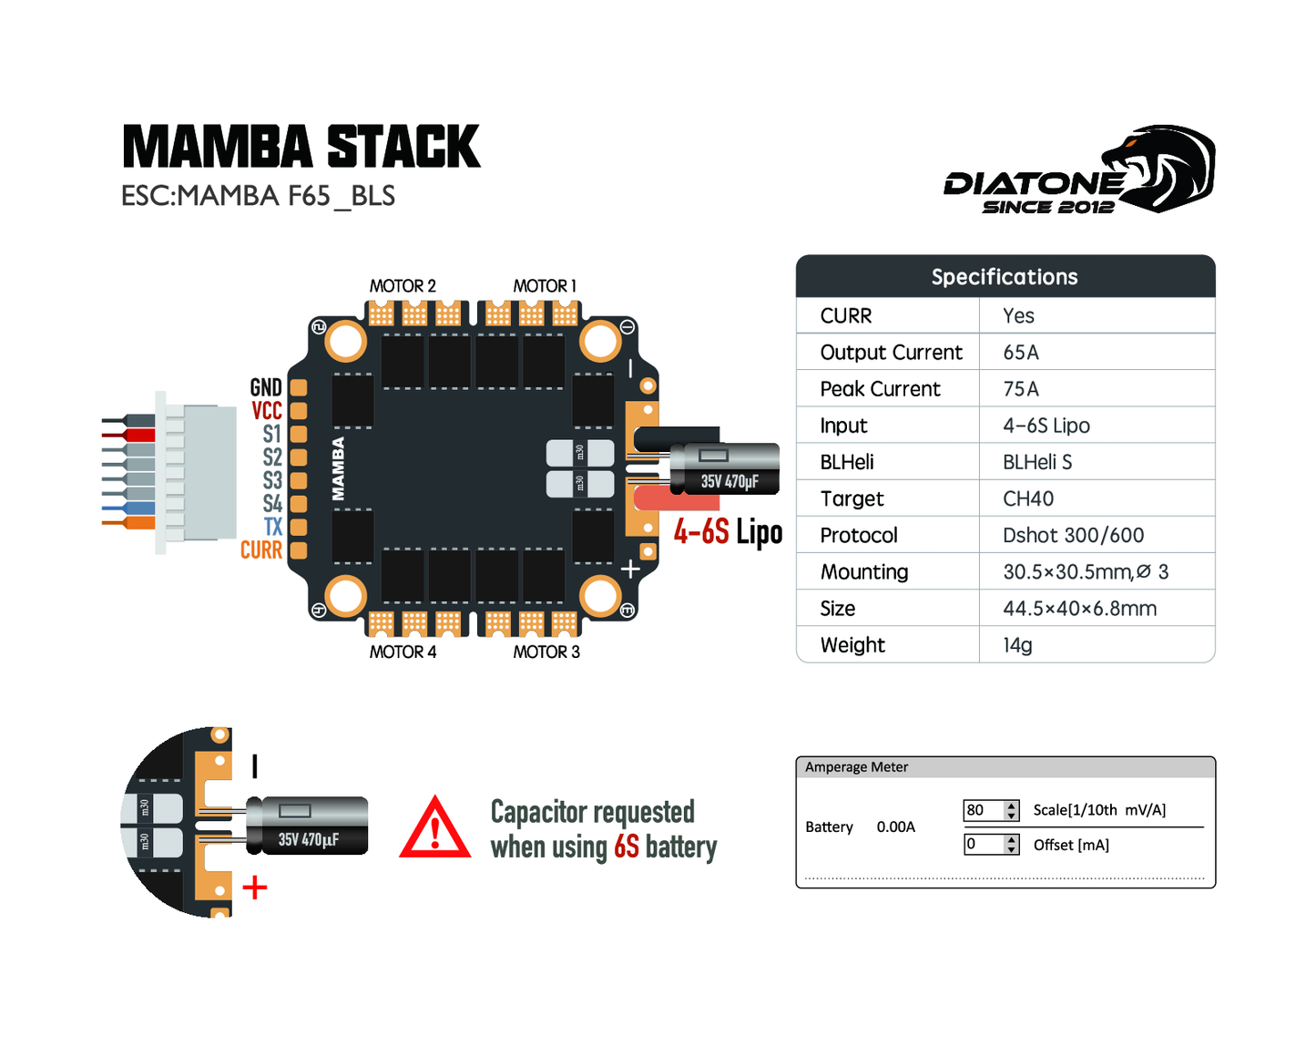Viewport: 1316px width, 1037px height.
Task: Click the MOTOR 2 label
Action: click(x=403, y=286)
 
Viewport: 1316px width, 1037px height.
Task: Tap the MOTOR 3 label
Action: click(x=546, y=652)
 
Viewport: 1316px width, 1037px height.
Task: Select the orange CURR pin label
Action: click(x=261, y=550)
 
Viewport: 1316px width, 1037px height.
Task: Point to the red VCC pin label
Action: click(x=267, y=411)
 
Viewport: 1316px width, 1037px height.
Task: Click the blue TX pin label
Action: click(x=273, y=527)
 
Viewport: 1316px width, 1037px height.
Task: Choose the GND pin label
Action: click(x=266, y=387)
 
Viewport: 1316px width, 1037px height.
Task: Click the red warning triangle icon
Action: click(x=435, y=829)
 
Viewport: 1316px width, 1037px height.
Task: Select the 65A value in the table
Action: click(x=1021, y=353)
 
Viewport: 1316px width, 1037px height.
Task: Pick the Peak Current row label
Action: click(x=880, y=389)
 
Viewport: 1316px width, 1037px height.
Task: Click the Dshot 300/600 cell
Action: click(x=1073, y=535)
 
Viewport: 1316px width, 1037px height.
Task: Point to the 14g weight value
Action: click(x=1017, y=645)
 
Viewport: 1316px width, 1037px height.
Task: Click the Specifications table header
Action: click(x=1005, y=277)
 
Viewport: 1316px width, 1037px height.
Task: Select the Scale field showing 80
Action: click(x=984, y=810)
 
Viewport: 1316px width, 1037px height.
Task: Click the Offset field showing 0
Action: click(x=984, y=845)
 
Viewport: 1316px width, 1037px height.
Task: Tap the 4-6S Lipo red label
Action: click(x=728, y=532)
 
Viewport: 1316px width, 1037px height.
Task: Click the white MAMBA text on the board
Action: click(x=338, y=468)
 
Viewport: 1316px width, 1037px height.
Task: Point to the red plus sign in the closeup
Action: click(x=255, y=888)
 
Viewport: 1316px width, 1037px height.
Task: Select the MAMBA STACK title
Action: click(x=301, y=148)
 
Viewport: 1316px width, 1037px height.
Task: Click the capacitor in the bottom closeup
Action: click(x=308, y=827)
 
